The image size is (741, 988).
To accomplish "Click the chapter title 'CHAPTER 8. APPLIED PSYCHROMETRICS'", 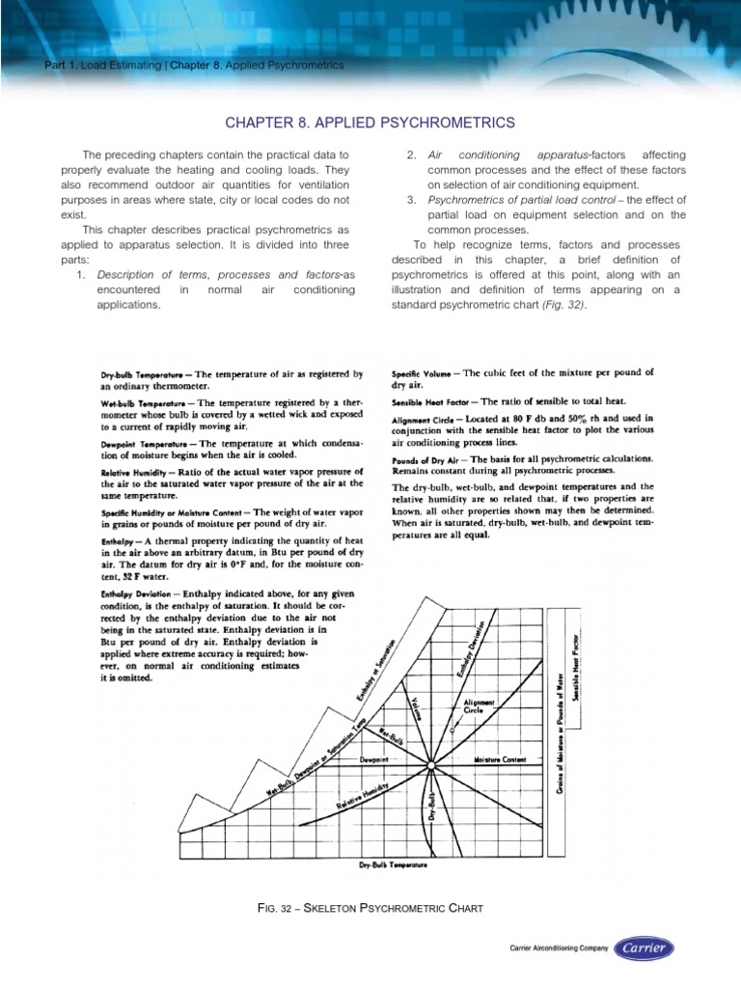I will pyautogui.click(x=370, y=123).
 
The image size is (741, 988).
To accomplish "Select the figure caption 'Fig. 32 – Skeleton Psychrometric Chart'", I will pyautogui.click(x=370, y=909).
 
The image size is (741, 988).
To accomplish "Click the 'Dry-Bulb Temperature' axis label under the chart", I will pyautogui.click(x=393, y=865).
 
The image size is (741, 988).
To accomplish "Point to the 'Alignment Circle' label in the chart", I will pyautogui.click(x=480, y=708).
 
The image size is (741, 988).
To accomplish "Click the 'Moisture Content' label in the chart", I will pyautogui.click(x=500, y=760).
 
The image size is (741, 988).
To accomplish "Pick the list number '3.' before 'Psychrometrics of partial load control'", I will pyautogui.click(x=411, y=201).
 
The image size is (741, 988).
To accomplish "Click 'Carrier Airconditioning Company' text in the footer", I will pyautogui.click(x=559, y=949).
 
